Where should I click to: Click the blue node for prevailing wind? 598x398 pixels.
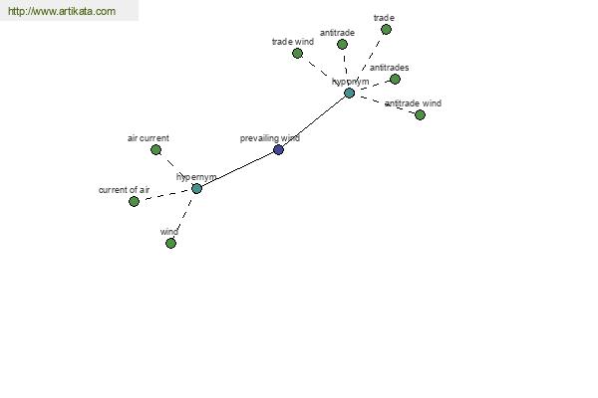[x=278, y=149]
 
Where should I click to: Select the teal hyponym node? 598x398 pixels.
[x=349, y=93]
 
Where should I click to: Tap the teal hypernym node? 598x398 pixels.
[x=196, y=188]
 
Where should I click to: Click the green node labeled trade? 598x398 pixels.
[x=386, y=29]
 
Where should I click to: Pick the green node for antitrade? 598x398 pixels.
[x=342, y=44]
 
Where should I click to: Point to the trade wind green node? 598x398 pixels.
[x=297, y=54]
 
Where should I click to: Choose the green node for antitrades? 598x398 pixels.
[x=395, y=80]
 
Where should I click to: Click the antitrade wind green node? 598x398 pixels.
[x=420, y=114]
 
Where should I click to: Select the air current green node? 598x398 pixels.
[x=155, y=149]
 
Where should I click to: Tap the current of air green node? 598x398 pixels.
[x=134, y=201]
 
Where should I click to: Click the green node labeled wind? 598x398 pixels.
[x=170, y=243]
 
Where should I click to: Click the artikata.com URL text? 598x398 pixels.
[x=62, y=11]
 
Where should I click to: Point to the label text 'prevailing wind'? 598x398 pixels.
[x=270, y=138]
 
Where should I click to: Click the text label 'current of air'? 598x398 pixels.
[x=124, y=190]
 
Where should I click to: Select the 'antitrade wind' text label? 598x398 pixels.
[x=413, y=103]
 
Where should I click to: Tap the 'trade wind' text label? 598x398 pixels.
[x=293, y=42]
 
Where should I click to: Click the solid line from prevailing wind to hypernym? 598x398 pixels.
[x=237, y=169]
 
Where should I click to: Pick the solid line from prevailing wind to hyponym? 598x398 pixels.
[x=314, y=121]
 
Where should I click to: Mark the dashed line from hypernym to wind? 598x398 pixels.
[x=183, y=216]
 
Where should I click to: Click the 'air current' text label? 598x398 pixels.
[x=149, y=138]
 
